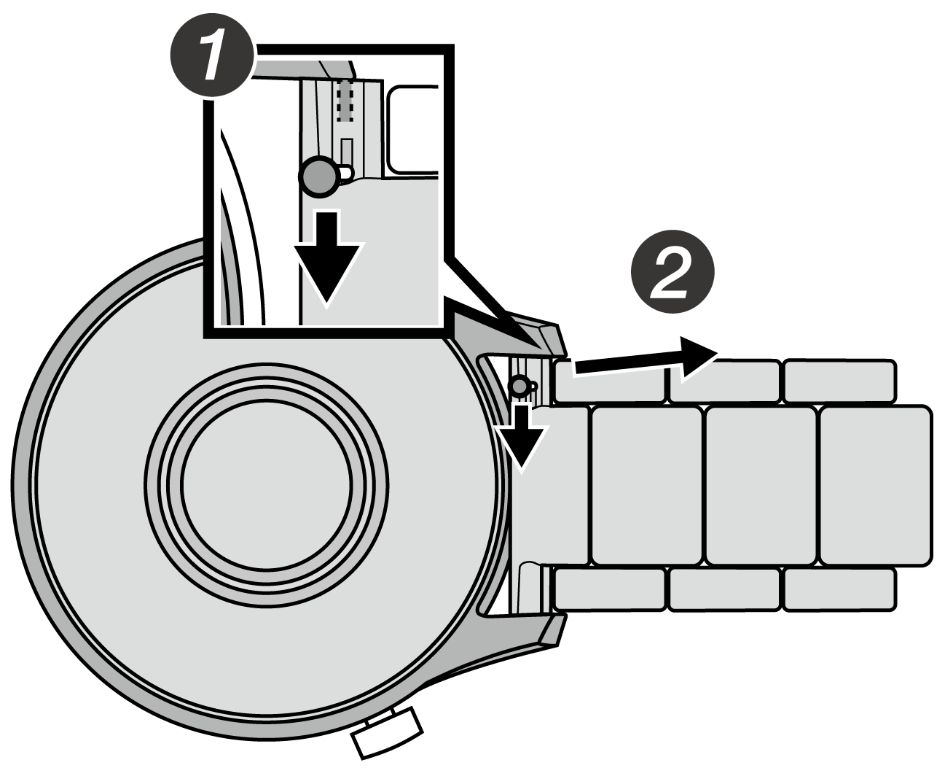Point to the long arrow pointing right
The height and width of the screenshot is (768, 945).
pyautogui.click(x=641, y=357)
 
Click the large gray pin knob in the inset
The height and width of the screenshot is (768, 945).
pyautogui.click(x=318, y=177)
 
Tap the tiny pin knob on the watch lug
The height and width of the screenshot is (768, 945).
pyautogui.click(x=519, y=384)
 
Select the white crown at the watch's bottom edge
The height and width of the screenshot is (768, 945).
pyautogui.click(x=388, y=732)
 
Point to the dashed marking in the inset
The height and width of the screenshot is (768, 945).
pyautogui.click(x=346, y=101)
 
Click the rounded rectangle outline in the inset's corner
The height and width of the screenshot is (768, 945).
pyautogui.click(x=412, y=128)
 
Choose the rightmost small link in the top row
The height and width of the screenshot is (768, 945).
pyautogui.click(x=839, y=380)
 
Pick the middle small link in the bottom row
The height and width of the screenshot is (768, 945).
pyautogui.click(x=724, y=589)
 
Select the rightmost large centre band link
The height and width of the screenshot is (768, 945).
pyautogui.click(x=875, y=485)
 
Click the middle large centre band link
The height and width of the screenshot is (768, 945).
pyautogui.click(x=761, y=485)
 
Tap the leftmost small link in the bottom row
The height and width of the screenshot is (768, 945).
pyautogui.click(x=610, y=589)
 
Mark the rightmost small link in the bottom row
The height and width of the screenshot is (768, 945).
pyautogui.click(x=839, y=589)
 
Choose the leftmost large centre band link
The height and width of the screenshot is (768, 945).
pyautogui.click(x=647, y=485)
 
